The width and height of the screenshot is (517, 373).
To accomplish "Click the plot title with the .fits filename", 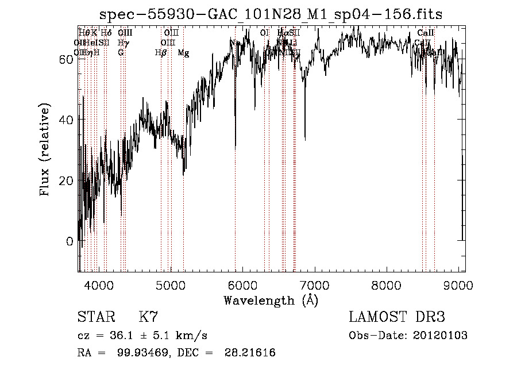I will coord(271,14).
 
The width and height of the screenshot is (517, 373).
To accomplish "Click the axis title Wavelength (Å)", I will coord(271,300).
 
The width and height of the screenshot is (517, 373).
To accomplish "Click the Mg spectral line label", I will coord(183,53).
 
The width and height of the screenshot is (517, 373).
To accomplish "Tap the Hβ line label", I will coord(160,53).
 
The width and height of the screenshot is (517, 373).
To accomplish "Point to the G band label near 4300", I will coord(121,52).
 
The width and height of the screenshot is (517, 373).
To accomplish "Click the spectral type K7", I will coord(148,318).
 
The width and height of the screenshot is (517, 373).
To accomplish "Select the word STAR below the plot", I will coord(95,318).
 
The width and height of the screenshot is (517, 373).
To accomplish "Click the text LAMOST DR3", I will coord(397,318).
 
